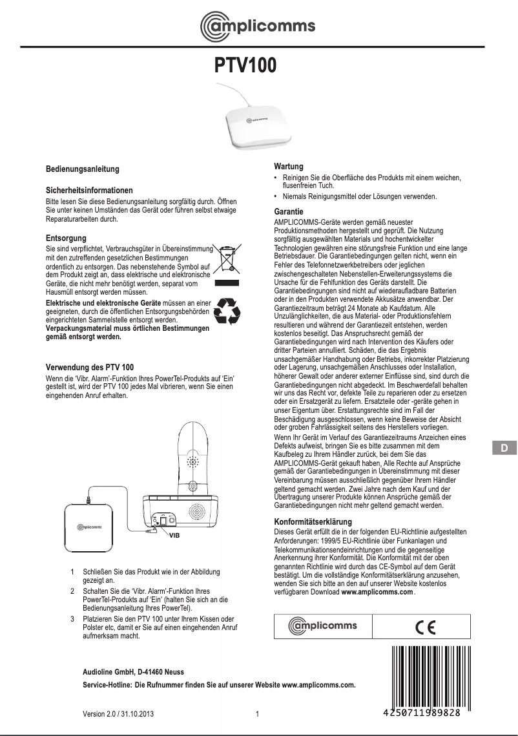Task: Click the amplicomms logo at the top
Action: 258,25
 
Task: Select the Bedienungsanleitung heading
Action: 83,169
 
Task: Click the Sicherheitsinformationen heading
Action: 89,191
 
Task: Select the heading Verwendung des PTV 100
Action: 90,367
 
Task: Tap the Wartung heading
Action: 289,166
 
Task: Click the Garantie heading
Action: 289,212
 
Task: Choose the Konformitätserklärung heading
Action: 313,521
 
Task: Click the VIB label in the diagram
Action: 174,536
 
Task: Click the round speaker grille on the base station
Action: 200,510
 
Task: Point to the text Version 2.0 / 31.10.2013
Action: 118,714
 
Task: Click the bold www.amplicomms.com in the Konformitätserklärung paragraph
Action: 377,591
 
